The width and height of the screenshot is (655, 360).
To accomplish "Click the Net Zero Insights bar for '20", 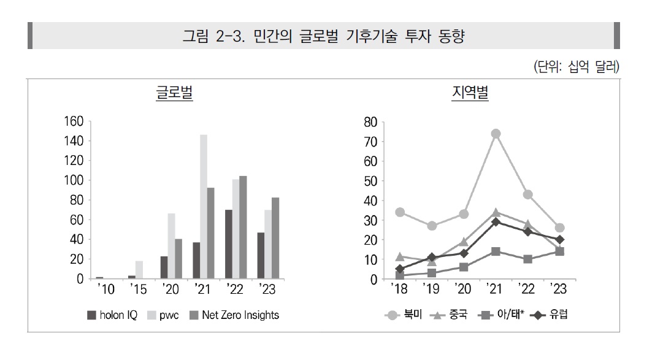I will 178,259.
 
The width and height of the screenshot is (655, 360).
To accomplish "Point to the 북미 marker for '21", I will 496,134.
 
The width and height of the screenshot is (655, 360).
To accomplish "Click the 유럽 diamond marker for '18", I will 400,269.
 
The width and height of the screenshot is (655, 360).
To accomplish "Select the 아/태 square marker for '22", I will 527,259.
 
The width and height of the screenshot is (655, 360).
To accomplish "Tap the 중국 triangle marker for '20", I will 464,242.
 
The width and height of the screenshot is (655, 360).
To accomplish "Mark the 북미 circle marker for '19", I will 432,226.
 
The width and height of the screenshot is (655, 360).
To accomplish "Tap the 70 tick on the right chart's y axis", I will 370,141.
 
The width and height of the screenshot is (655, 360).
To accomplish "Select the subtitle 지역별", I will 470,94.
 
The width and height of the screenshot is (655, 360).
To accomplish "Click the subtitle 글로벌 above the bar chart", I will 174,94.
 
